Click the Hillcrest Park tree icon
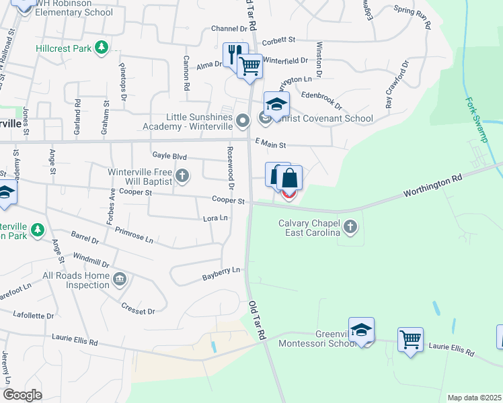[101, 48]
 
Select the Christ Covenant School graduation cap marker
[276, 103]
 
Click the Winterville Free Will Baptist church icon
[182, 177]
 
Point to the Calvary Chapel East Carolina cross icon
[350, 227]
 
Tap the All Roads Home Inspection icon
[120, 278]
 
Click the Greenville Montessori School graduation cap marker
[361, 329]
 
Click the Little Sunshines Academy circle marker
[243, 121]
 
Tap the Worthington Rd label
[433, 187]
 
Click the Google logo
[23, 395]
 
